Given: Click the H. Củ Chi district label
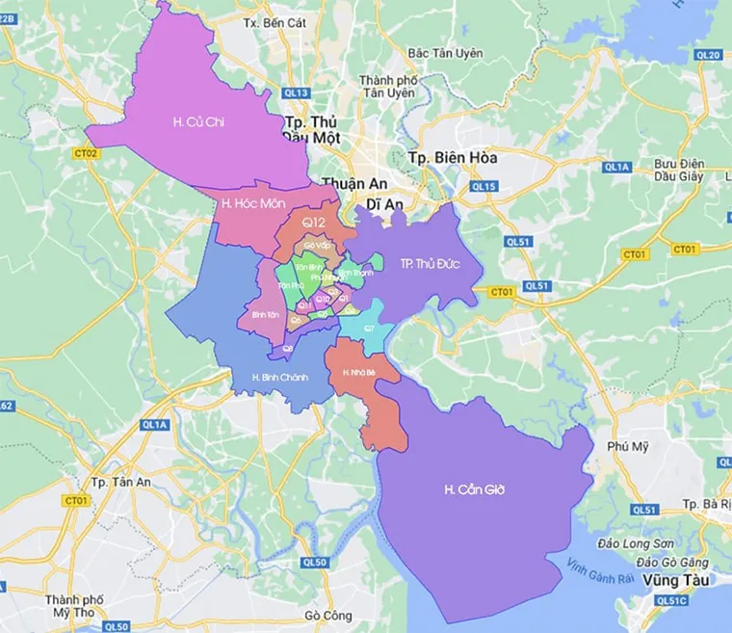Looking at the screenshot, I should pos(192,121).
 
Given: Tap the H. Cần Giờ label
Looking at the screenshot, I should pos(474,490).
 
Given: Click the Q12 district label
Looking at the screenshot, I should pos(310,223).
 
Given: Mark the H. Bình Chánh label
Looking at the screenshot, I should pos(279,377).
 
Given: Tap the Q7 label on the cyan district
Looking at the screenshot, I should pos(368,329).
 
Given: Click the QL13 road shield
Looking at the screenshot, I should pos(298,92).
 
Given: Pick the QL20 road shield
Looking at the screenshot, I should pos(707,55).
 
